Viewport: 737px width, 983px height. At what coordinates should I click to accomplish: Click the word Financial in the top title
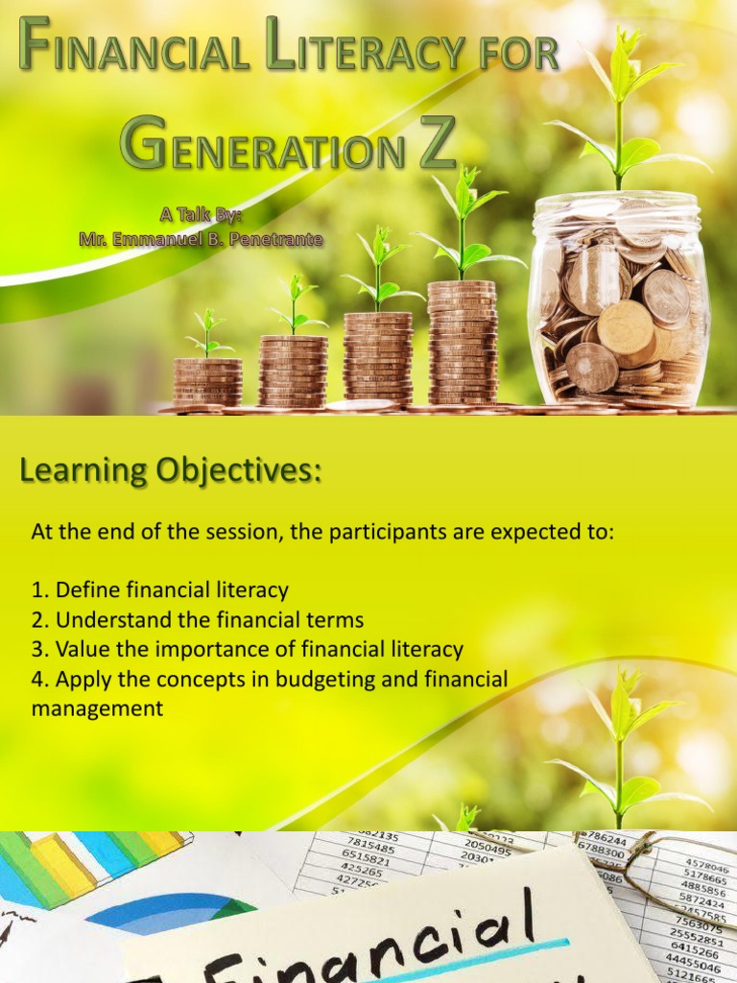(x=135, y=50)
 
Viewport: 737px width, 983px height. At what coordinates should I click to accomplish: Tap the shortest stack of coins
(x=207, y=381)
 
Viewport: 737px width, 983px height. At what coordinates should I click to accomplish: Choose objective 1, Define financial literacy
(x=160, y=589)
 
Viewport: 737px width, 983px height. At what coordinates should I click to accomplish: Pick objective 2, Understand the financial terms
(x=198, y=619)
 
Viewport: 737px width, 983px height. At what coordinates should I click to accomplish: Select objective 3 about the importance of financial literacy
(x=248, y=649)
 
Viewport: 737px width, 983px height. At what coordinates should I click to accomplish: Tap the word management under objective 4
(x=97, y=708)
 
